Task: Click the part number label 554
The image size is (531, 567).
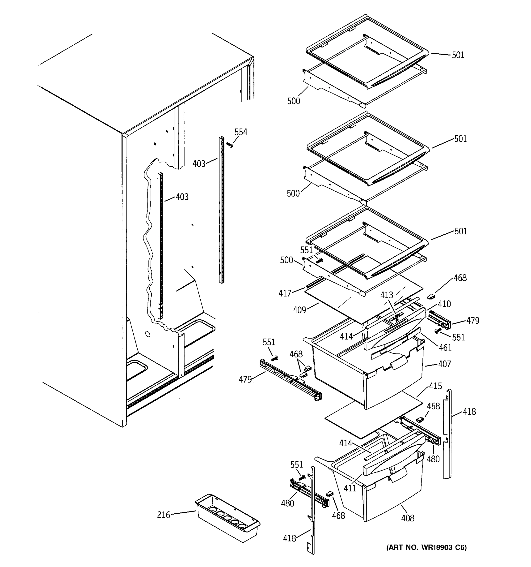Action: point(241,132)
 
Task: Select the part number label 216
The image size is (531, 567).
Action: point(164,515)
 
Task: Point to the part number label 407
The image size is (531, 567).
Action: point(445,364)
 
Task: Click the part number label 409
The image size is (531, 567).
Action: point(299,310)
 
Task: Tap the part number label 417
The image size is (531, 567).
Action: point(285,293)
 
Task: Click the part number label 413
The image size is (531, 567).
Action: point(387,295)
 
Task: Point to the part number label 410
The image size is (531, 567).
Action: point(444,304)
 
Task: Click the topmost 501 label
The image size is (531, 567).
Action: point(458,55)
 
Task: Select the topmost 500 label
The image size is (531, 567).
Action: point(293,101)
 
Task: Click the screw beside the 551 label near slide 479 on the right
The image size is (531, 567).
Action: point(437,331)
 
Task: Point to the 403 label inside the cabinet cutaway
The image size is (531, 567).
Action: point(182,197)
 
